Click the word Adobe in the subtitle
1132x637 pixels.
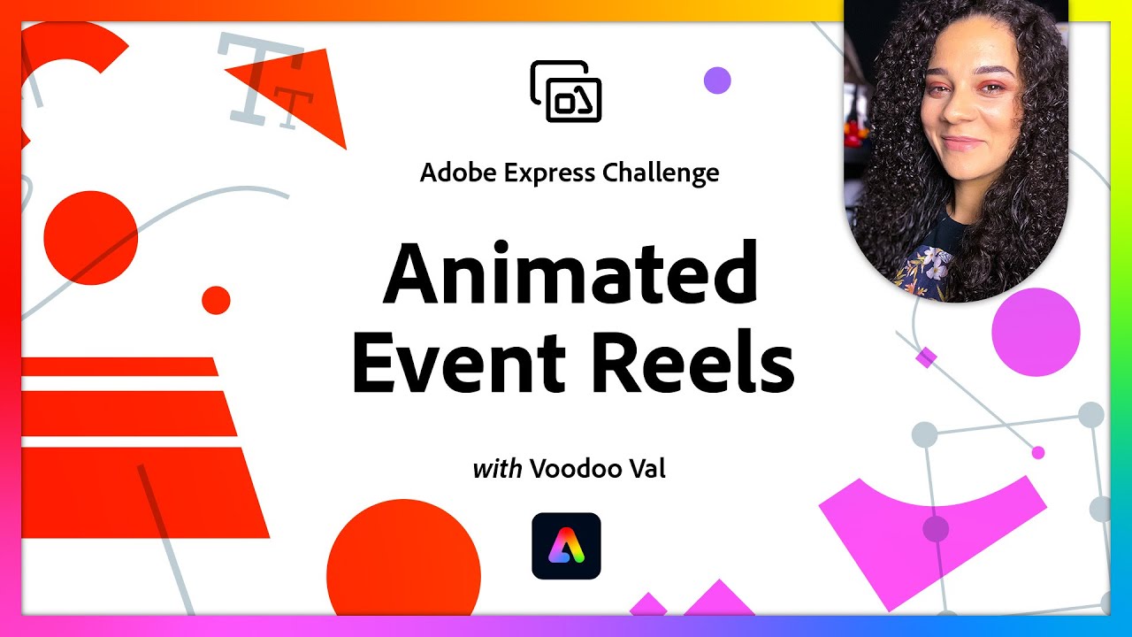pos(459,173)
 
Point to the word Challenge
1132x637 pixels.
pos(661,173)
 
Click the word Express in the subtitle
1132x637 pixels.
pos(549,173)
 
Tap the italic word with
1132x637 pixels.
pos(497,468)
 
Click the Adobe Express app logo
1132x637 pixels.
pos(566,546)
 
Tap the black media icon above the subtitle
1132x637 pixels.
pos(566,90)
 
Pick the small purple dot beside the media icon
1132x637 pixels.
pos(717,81)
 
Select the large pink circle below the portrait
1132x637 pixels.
pos(1036,333)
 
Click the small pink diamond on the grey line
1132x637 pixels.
pos(926,357)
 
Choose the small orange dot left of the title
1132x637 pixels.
pos(216,300)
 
